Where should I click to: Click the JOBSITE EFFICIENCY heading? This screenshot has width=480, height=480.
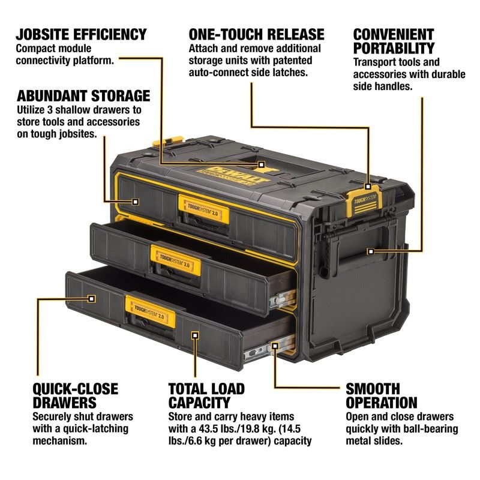82,34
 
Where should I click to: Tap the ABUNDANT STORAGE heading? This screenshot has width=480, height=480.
83,95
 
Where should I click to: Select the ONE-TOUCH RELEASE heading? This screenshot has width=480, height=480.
256,34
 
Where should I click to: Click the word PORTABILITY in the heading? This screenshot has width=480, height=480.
393,47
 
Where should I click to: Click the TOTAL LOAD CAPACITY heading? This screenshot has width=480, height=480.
208,395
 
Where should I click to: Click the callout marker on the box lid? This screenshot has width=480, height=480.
262,163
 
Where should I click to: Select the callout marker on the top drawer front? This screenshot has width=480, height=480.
136,202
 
